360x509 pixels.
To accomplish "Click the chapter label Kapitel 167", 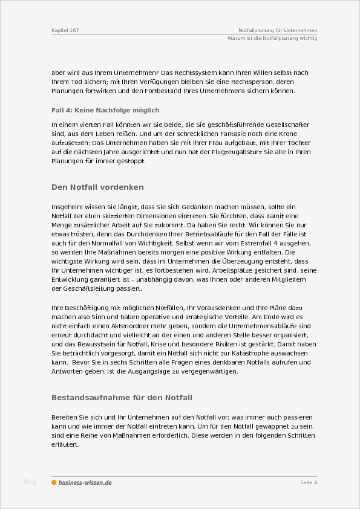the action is pos(65,30).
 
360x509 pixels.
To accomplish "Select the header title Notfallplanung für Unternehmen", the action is pos(278,30).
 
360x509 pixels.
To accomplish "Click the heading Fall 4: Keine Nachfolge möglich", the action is pos(105,110).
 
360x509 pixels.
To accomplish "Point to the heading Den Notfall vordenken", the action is pos(97,187).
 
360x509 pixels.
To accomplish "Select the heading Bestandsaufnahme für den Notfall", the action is pos(122,397).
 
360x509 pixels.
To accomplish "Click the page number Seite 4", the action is pos(309,482).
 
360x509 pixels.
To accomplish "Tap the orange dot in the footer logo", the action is pos(54,482).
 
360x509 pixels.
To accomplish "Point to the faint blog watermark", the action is pos(30,481).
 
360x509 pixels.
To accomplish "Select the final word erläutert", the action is pos(65,444).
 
